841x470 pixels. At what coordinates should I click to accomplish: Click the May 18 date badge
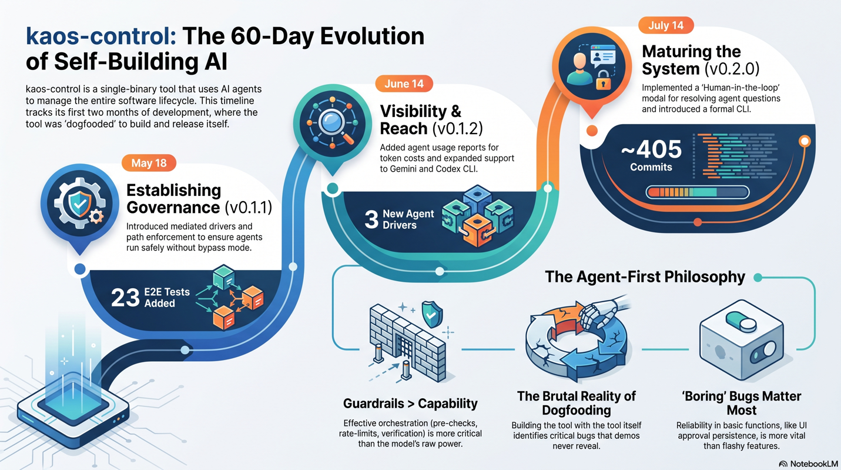pos(149,163)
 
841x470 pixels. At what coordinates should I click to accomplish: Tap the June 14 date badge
pos(404,84)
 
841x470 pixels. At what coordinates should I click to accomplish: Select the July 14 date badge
pos(666,25)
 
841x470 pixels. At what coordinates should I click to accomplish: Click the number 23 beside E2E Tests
pos(125,298)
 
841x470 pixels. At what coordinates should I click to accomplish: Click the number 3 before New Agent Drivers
pos(371,219)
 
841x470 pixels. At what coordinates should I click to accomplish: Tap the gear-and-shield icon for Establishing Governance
pos(79,204)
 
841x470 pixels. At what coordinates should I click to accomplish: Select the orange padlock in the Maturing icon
pos(604,80)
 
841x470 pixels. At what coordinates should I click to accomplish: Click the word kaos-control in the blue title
pos(100,36)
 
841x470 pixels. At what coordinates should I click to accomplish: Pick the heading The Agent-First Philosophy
pos(645,277)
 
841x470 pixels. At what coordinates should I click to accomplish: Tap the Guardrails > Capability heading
pos(410,404)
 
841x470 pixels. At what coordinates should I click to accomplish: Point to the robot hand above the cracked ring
pos(601,311)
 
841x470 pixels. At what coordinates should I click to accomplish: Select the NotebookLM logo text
pos(813,464)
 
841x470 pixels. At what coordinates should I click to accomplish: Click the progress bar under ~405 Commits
pos(697,192)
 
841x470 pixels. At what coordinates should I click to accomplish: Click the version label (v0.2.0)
pos(732,69)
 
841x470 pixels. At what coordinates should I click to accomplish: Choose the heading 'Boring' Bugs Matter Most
pos(742,403)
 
